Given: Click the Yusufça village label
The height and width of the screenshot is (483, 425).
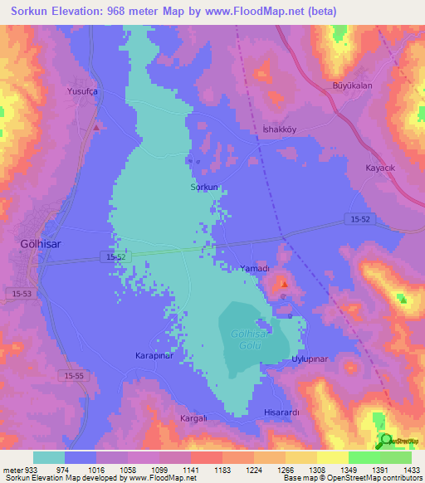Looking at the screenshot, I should click(x=83, y=92).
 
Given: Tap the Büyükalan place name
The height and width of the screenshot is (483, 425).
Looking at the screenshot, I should click(x=351, y=85).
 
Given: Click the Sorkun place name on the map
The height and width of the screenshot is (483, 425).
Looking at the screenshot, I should click(x=204, y=188).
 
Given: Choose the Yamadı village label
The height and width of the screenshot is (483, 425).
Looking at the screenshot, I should click(x=255, y=269).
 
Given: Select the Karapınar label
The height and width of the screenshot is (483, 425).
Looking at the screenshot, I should click(x=153, y=355).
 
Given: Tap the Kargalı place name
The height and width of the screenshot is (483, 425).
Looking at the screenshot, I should click(x=196, y=418).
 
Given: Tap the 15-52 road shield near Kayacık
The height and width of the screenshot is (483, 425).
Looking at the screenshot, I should click(x=358, y=218).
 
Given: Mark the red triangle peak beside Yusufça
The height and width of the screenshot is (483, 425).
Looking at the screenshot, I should click(x=97, y=128).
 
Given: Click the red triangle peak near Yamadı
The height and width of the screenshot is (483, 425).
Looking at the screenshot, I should click(x=283, y=284).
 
